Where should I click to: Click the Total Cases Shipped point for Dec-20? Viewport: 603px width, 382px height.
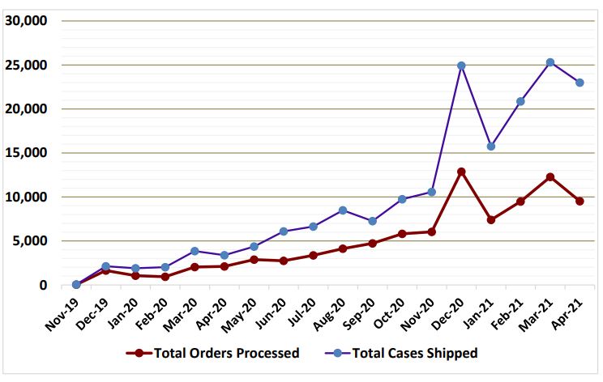pos(461,66)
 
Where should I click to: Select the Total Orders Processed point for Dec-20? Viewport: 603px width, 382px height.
pos(461,172)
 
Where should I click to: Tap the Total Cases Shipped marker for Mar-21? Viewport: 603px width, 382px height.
pos(550,62)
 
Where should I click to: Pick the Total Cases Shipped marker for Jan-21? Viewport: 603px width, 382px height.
pos(491,146)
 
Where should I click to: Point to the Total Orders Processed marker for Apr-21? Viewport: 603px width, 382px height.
pos(579,201)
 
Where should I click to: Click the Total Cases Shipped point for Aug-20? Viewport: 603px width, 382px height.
pos(343,210)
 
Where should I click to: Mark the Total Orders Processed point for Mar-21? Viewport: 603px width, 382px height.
pos(550,177)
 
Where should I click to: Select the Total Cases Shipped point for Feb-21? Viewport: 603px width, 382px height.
pos(520,101)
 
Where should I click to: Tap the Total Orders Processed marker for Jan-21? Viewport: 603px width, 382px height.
pos(491,219)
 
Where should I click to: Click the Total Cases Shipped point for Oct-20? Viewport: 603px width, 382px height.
pos(402,199)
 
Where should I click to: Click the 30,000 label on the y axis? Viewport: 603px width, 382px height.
pos(27,21)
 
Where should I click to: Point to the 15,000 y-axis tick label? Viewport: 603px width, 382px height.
pos(27,153)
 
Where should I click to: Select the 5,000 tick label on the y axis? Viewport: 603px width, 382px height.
pos(30,241)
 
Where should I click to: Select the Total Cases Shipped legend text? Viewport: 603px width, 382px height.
pos(416,353)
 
